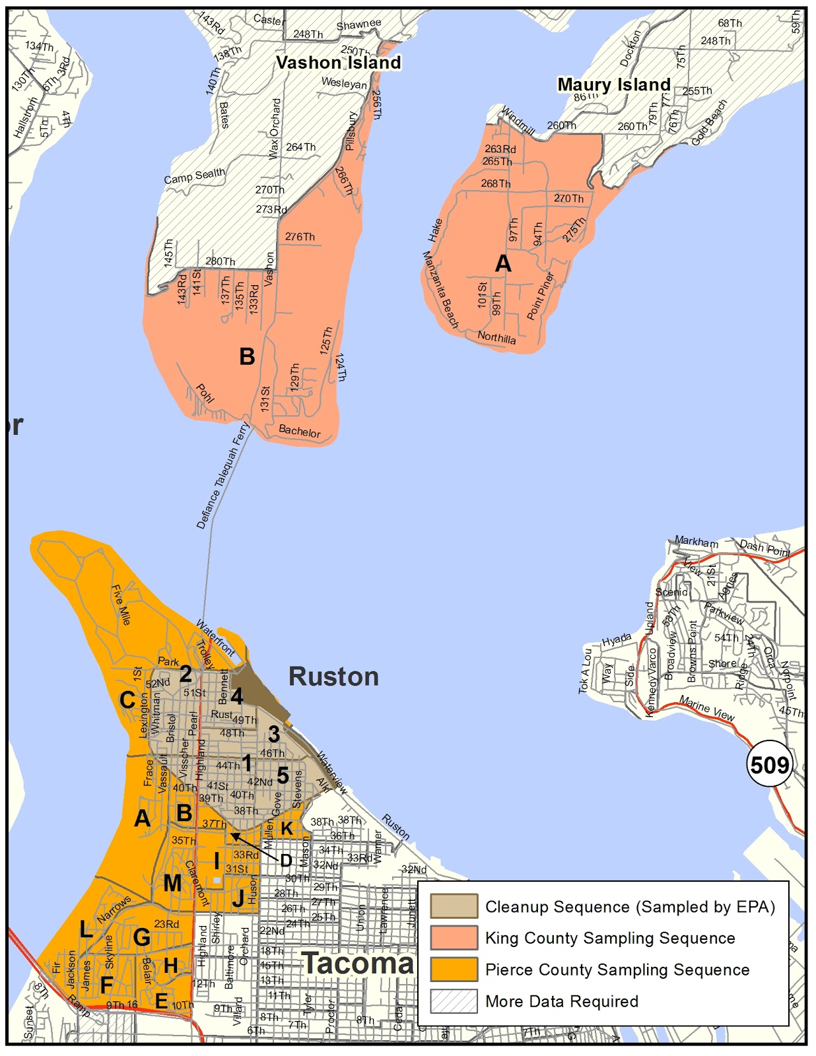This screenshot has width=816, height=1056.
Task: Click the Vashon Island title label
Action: [x=338, y=63]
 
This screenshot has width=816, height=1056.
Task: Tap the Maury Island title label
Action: [x=613, y=84]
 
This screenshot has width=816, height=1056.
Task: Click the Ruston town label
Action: [x=333, y=677]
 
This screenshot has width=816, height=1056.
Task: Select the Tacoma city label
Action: [x=358, y=964]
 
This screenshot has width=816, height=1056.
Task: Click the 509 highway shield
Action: [x=770, y=765]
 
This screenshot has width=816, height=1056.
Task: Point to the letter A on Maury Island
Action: [x=503, y=264]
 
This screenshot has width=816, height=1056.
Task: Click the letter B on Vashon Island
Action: [x=247, y=357]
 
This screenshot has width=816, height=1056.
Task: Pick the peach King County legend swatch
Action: [x=454, y=938]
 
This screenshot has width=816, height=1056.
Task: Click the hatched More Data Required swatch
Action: [x=454, y=1001]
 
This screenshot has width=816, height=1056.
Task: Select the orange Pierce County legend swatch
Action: [x=454, y=970]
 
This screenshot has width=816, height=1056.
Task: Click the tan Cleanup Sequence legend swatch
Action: [x=454, y=906]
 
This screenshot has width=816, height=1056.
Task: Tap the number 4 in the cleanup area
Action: [x=236, y=696]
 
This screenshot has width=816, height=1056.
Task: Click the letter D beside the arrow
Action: [x=286, y=861]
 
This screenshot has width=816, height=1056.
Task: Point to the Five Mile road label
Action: [x=121, y=605]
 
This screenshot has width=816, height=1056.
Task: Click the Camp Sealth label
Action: [x=194, y=176]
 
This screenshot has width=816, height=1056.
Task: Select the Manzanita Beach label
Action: [x=440, y=290]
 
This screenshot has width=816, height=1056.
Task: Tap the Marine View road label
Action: [x=706, y=708]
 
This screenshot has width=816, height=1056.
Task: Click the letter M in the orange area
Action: [x=172, y=883]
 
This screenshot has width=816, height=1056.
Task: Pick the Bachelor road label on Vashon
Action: [x=299, y=431]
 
